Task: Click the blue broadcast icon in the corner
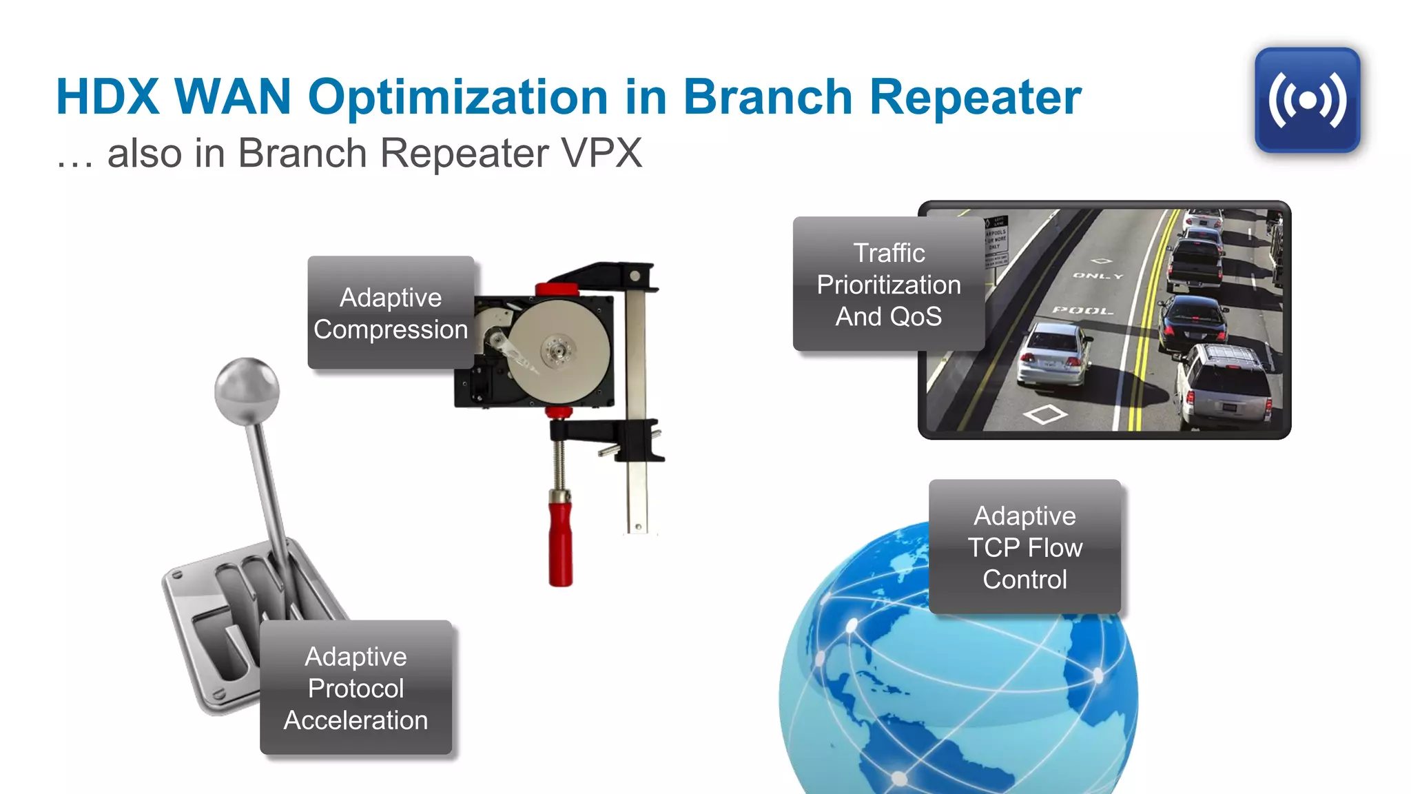click(1307, 101)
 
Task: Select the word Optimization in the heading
click(457, 97)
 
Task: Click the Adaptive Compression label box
click(391, 313)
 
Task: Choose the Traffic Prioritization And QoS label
click(888, 284)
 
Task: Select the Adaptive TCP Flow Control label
click(1024, 547)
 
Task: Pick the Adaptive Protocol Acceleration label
click(356, 688)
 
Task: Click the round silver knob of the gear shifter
click(247, 390)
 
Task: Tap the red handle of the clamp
click(560, 544)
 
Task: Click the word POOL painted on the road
click(1082, 311)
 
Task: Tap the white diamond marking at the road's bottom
click(1045, 414)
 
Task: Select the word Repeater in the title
click(975, 97)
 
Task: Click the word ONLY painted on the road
click(1098, 276)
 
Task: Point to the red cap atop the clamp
click(556, 289)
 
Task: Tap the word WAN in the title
click(233, 97)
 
